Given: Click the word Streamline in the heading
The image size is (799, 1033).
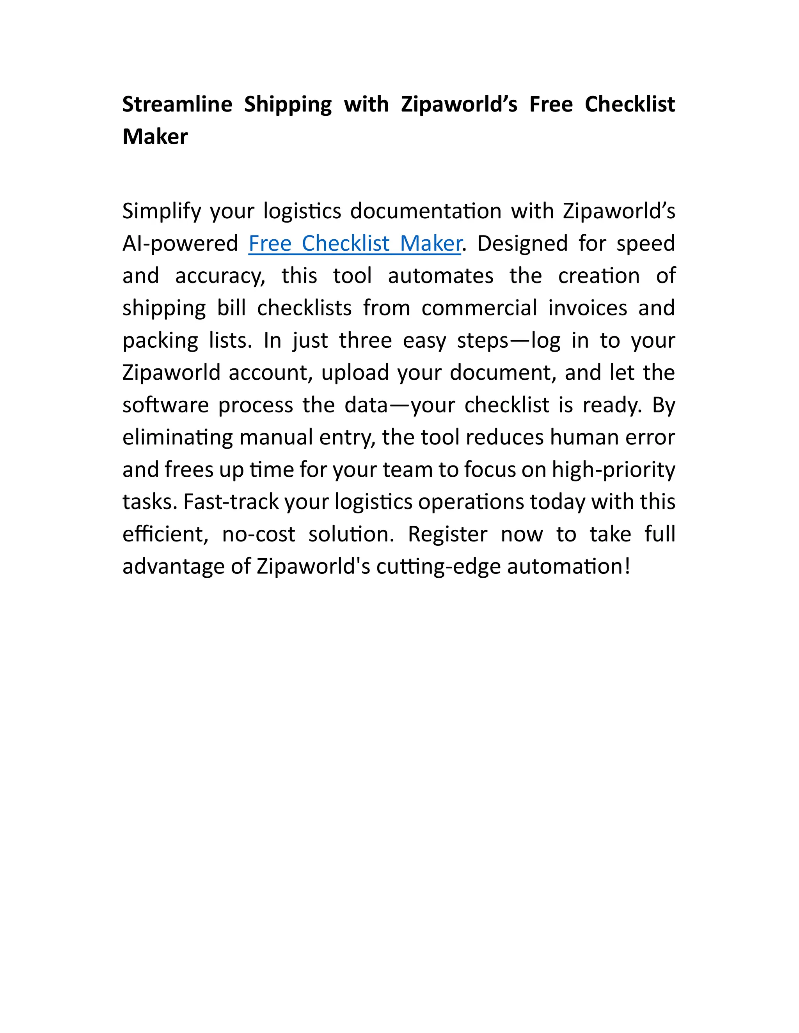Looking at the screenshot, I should point(177,104).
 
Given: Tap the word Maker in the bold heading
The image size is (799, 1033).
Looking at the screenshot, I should point(155,137).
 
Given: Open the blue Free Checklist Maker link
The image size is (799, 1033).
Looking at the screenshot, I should point(355,244).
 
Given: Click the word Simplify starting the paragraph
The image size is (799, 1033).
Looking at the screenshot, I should point(162,211).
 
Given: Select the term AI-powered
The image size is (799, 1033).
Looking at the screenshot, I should point(180,244).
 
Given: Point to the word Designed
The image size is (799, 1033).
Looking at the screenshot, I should point(522,244).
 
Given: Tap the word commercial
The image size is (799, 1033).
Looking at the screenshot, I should point(479,308).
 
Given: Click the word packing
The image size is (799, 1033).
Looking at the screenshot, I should point(160,341).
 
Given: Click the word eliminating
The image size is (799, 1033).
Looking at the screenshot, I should point(178,437).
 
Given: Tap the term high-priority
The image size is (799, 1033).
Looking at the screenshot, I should point(613,470).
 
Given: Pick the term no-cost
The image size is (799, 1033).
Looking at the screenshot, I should point(258,534).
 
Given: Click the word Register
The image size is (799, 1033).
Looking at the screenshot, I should point(447,534).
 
